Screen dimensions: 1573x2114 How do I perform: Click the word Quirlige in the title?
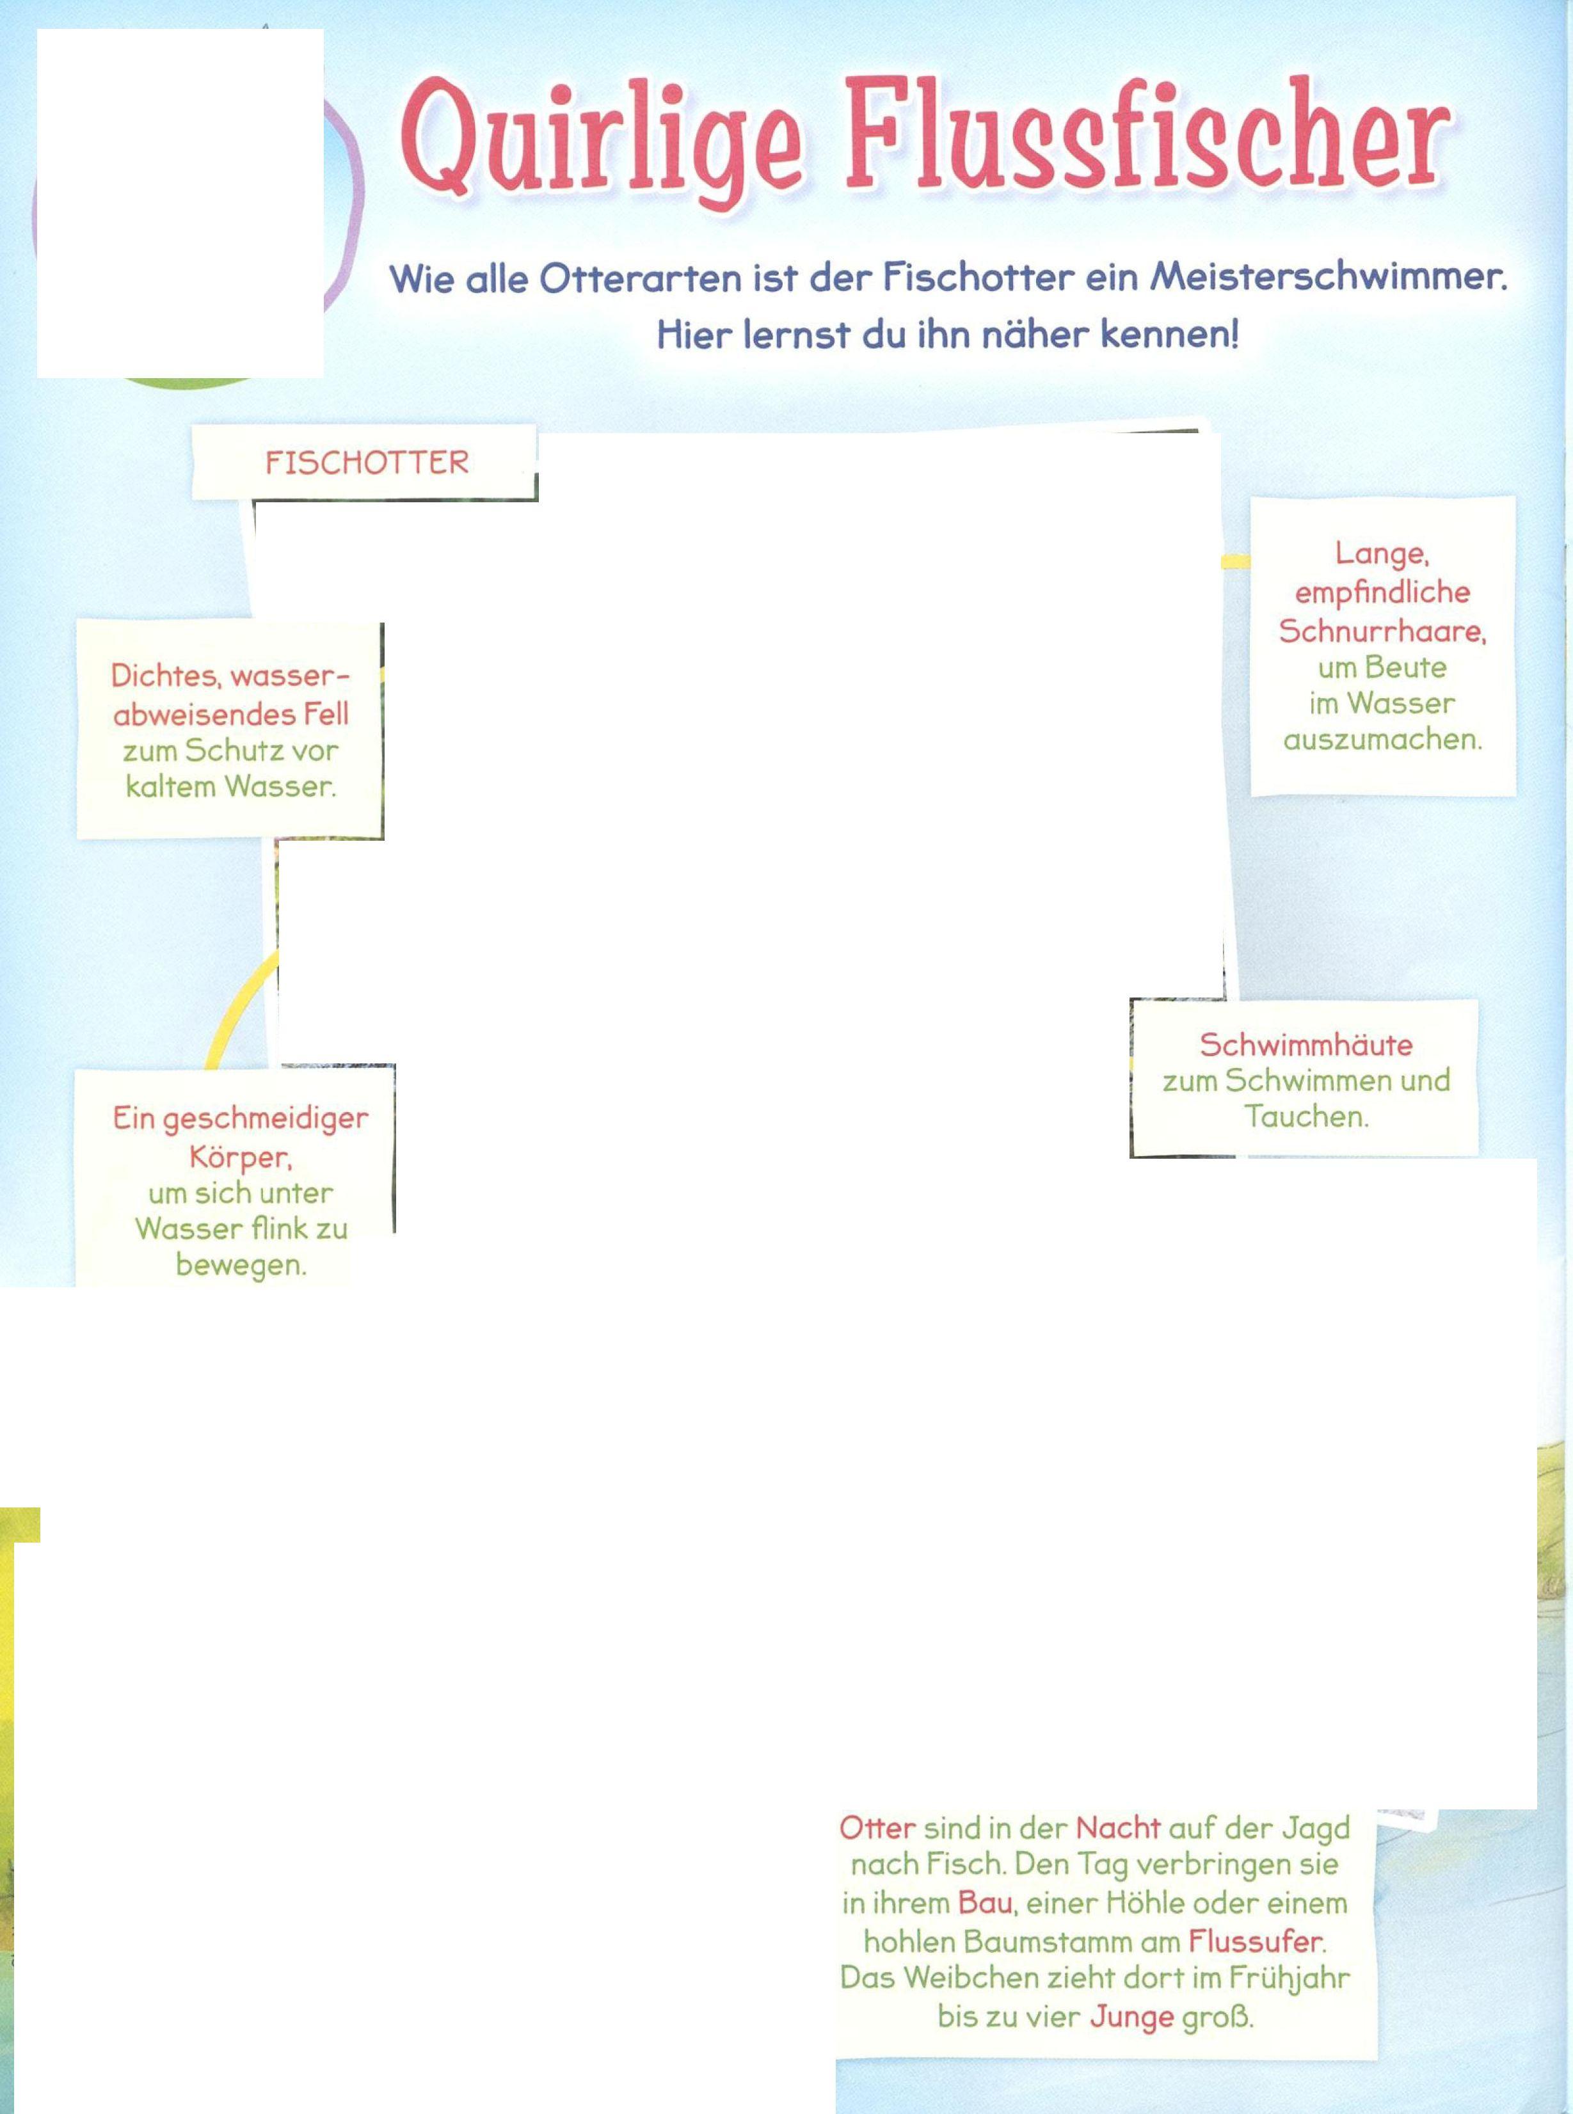point(600,143)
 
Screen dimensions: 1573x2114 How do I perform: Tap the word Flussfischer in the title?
point(1147,138)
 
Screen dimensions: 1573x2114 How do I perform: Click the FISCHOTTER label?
point(367,463)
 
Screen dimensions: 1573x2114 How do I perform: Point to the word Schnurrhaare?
point(1382,631)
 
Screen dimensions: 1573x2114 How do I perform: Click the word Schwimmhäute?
point(1306,1044)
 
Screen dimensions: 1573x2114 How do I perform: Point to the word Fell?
point(326,714)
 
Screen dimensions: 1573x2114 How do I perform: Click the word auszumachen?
point(1382,740)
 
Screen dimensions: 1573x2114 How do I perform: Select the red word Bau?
point(984,1903)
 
